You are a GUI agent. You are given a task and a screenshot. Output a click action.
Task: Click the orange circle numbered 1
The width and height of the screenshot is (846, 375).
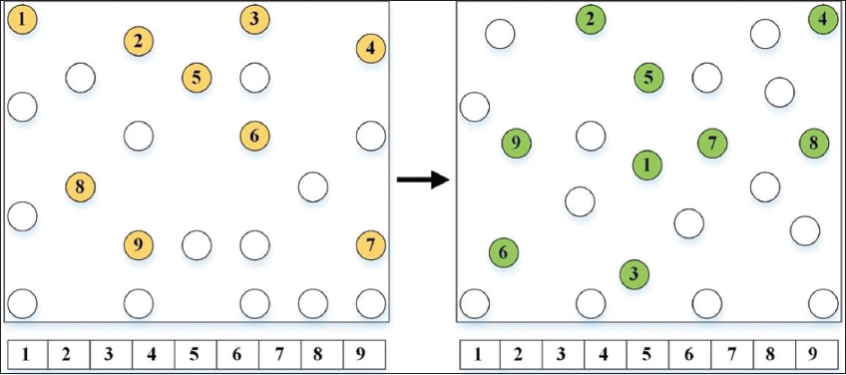pyautogui.click(x=22, y=19)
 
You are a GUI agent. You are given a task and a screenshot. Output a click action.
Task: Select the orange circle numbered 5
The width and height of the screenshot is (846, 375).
pyautogui.click(x=197, y=77)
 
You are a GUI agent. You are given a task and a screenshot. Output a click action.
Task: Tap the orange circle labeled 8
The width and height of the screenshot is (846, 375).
pyautogui.click(x=81, y=187)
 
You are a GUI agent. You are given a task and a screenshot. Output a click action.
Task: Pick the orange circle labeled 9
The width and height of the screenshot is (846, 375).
pyautogui.click(x=139, y=245)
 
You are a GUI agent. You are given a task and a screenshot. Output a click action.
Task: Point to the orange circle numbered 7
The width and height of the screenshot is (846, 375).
pyautogui.click(x=371, y=245)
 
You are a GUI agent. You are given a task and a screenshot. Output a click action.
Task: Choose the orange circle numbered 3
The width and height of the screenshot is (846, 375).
pyautogui.click(x=254, y=19)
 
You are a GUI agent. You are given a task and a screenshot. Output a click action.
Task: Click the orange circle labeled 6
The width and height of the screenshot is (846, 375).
pyautogui.click(x=254, y=136)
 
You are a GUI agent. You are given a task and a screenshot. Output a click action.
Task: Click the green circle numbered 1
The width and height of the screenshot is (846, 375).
pyautogui.click(x=646, y=166)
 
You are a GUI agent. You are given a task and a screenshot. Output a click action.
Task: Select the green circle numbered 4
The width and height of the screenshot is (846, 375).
pyautogui.click(x=823, y=19)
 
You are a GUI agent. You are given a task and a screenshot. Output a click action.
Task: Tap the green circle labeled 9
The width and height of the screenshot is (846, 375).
pyautogui.click(x=517, y=143)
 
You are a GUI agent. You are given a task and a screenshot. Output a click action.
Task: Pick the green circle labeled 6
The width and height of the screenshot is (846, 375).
pyautogui.click(x=504, y=252)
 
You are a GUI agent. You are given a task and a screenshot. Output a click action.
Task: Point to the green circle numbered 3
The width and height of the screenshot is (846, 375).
pyautogui.click(x=634, y=274)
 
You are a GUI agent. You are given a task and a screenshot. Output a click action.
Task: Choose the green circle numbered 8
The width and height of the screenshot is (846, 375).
pyautogui.click(x=814, y=143)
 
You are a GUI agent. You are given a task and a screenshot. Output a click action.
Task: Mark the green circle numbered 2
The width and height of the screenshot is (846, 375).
pyautogui.click(x=591, y=19)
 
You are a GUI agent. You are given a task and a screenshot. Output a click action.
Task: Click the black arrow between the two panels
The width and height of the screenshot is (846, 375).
pyautogui.click(x=423, y=180)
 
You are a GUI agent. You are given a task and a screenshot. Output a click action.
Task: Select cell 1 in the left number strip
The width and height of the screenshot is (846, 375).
pyautogui.click(x=27, y=354)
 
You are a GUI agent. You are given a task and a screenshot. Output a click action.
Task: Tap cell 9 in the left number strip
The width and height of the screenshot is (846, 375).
pyautogui.click(x=364, y=354)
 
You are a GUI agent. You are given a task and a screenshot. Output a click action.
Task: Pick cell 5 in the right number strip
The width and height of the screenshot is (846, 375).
pyautogui.click(x=646, y=354)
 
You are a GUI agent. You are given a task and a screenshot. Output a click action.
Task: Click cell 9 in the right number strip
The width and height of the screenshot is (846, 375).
pyautogui.click(x=816, y=354)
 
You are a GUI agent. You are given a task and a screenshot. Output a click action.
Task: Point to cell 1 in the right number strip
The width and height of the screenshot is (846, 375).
pyautogui.click(x=479, y=354)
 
